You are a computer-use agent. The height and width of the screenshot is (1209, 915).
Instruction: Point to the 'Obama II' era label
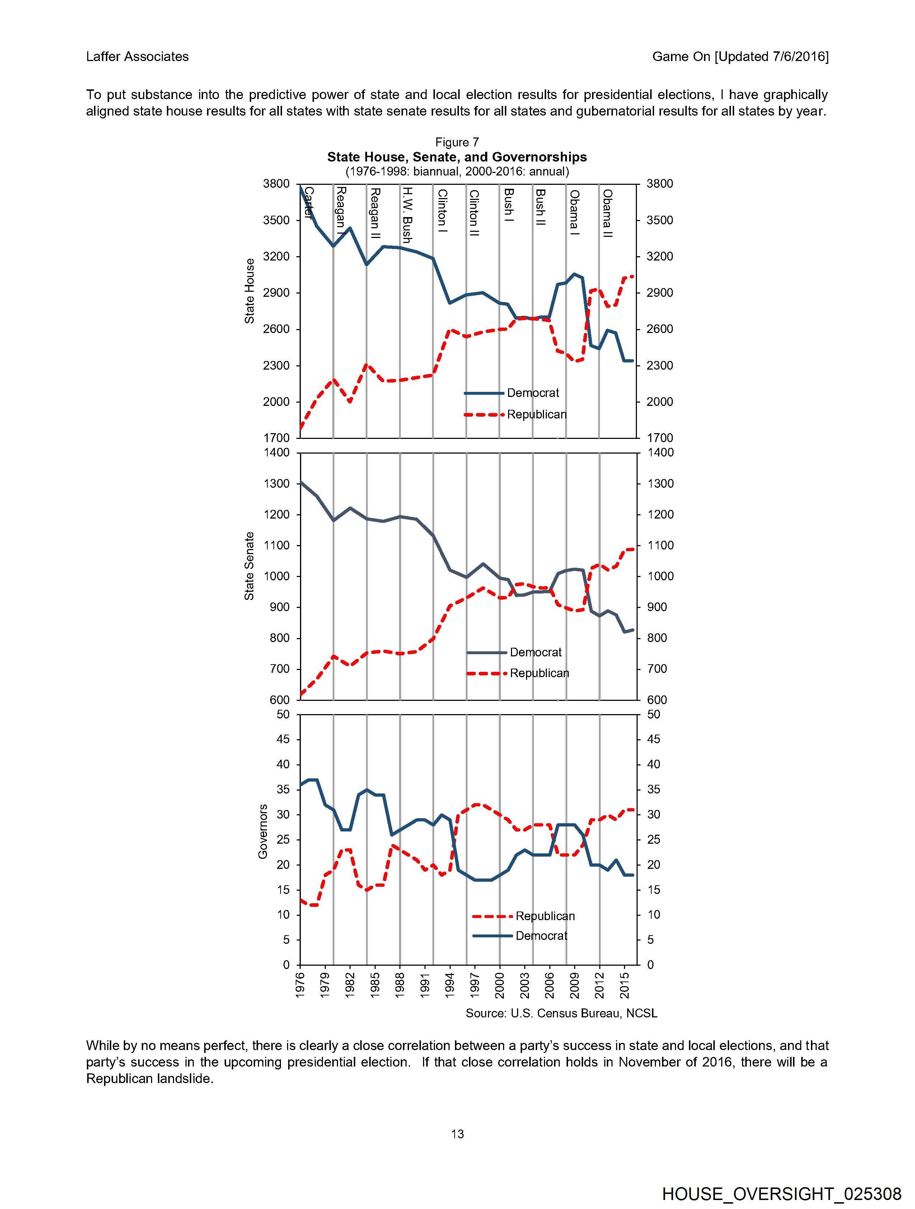click(x=607, y=213)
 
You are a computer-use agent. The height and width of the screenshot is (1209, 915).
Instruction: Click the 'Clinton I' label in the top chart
click(x=442, y=211)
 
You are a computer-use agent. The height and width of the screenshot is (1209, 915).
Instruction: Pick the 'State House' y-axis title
click(x=250, y=291)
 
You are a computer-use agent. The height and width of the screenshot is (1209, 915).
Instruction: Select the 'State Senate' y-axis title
click(x=250, y=566)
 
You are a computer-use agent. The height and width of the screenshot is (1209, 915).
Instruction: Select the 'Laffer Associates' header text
click(x=137, y=57)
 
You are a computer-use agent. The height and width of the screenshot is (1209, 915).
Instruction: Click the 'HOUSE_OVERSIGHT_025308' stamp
click(x=782, y=1194)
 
